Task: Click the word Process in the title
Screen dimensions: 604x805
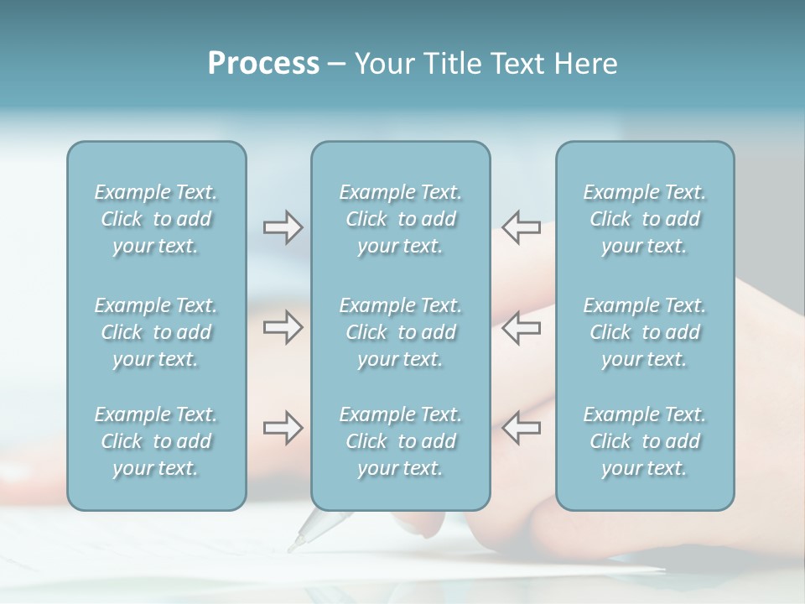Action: tap(263, 64)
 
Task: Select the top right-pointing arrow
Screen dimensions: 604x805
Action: tap(283, 227)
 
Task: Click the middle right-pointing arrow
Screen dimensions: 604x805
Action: tap(283, 327)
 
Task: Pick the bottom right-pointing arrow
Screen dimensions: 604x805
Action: tap(283, 428)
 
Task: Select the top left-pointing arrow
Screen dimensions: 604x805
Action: tap(522, 227)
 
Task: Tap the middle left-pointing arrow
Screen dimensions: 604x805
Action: tap(522, 327)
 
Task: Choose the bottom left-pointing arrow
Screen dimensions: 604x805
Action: tap(522, 428)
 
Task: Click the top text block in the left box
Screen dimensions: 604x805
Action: tap(156, 219)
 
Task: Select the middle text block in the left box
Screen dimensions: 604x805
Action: tap(156, 332)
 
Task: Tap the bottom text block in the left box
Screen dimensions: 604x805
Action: tap(156, 441)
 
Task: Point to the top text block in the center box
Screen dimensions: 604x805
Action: tap(400, 219)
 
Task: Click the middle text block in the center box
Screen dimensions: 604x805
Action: tap(400, 332)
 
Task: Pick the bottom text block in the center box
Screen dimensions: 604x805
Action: tap(400, 441)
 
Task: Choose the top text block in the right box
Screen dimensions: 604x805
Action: tap(644, 219)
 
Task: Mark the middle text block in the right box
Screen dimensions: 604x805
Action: tap(644, 332)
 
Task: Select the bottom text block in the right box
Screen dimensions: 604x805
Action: tap(644, 441)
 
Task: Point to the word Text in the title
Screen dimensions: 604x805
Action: tap(514, 64)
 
